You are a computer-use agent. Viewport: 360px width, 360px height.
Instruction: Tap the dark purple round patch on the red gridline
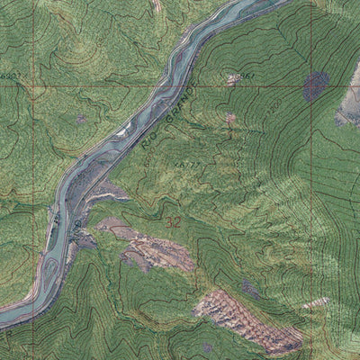pos(315,85)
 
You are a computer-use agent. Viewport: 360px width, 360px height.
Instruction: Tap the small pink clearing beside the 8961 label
pos(233,80)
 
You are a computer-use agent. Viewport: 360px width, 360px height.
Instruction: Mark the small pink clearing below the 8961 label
pos(230,118)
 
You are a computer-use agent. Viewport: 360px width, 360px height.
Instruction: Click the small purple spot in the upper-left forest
pos(81,118)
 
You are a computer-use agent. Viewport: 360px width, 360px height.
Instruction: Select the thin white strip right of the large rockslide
pos(315,303)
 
